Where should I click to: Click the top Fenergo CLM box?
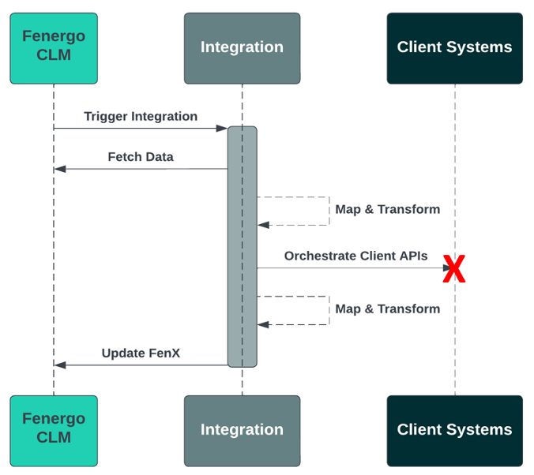coord(54,47)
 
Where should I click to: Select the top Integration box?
coord(242,47)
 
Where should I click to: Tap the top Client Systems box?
coord(454,47)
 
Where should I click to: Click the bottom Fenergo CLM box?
coord(54,430)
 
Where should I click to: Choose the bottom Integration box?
coord(242,430)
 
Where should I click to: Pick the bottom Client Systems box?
coord(454,430)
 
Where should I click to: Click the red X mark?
coord(454,270)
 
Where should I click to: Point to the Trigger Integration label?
coord(141,117)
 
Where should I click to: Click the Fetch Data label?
coord(141,157)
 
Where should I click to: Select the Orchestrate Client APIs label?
coord(355,256)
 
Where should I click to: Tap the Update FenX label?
coord(141,353)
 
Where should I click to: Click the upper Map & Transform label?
coord(387,210)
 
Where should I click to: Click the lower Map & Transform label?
coord(387,309)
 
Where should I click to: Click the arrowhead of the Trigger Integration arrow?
coord(223,128)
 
